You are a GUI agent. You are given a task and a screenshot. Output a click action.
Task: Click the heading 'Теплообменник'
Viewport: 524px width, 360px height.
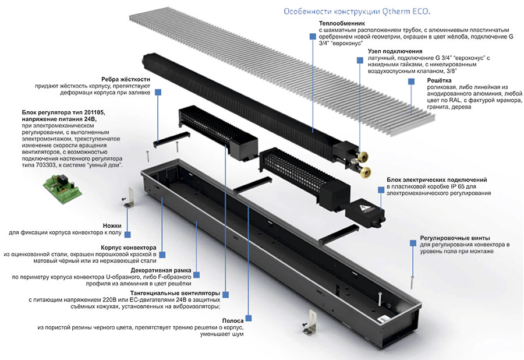pyautogui.click(x=343, y=23)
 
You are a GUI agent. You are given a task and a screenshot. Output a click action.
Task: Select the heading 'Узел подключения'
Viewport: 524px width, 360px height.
pyautogui.click(x=394, y=51)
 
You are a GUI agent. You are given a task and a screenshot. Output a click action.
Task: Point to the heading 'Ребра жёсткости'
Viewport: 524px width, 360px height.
pyautogui.click(x=126, y=79)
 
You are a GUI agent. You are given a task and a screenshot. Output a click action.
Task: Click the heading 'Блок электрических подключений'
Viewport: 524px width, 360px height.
pyautogui.click(x=437, y=180)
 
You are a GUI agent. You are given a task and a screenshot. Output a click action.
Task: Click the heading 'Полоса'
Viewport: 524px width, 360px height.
pyautogui.click(x=232, y=320)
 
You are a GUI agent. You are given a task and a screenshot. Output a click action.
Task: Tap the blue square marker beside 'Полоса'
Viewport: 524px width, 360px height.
pyautogui.click(x=249, y=318)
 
